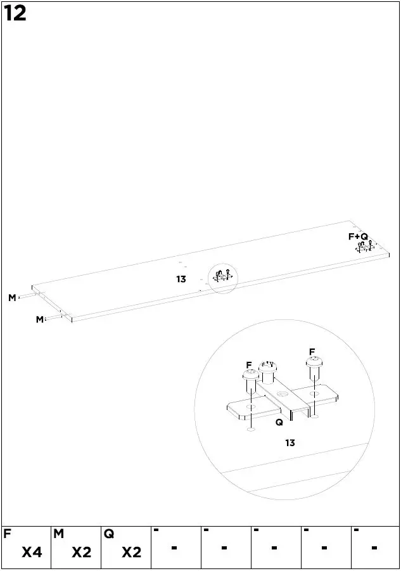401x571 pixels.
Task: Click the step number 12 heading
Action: pos(15,13)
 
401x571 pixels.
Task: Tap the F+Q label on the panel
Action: pos(358,236)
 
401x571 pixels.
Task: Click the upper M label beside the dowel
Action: pos(12,298)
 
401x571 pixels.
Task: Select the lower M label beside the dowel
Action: pos(39,319)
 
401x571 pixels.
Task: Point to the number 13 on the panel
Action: pos(181,279)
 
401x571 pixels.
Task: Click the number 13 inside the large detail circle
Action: pos(290,443)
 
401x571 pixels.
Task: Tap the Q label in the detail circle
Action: pos(279,422)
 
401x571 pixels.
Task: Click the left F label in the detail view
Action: pos(249,364)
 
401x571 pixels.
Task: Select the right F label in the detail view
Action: pos(312,352)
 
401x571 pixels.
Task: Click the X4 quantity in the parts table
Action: pos(32,553)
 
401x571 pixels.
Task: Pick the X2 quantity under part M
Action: pos(82,553)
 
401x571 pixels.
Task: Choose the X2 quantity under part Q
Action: pos(131,553)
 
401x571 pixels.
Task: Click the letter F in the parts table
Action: pos(8,534)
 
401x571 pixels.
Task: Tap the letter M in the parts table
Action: pos(58,534)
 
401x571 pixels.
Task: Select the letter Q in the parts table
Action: pos(108,534)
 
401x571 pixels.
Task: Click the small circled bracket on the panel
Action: pos(223,277)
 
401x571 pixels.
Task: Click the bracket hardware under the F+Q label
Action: pos(366,247)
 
